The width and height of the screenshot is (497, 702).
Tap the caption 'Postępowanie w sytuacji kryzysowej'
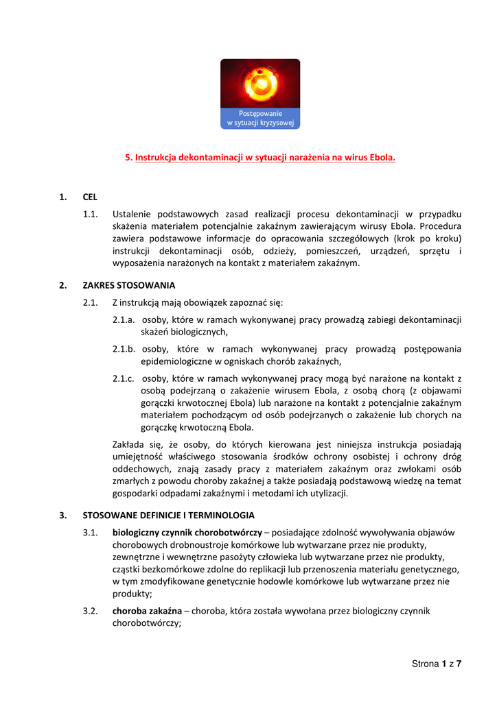(x=260, y=118)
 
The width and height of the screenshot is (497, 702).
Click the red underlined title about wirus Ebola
(x=260, y=157)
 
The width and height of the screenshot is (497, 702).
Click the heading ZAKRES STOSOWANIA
(x=129, y=285)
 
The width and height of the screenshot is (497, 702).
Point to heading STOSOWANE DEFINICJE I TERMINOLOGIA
(x=168, y=515)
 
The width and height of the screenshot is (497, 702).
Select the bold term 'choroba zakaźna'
(x=147, y=610)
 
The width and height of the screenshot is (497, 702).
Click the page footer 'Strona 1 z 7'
(x=437, y=664)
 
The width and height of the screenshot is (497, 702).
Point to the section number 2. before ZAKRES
(x=62, y=285)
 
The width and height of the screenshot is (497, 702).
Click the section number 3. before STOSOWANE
(x=62, y=515)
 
